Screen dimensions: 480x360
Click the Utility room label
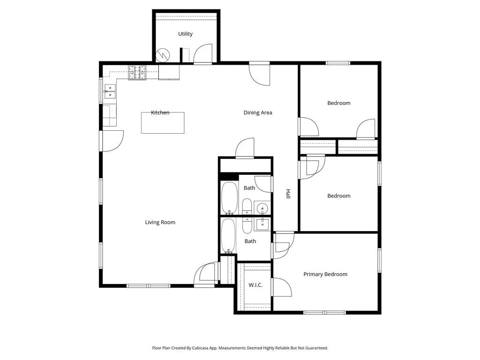click(x=185, y=34)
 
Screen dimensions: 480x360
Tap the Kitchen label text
click(x=160, y=112)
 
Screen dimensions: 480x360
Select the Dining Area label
click(x=258, y=112)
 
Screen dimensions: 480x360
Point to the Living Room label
click(x=160, y=222)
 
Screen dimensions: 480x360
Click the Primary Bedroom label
click(x=325, y=274)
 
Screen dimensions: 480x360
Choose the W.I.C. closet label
click(x=255, y=285)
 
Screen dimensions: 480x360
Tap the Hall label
click(x=288, y=194)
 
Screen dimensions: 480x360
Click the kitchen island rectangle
click(x=163, y=123)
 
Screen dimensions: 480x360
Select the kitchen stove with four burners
click(x=137, y=73)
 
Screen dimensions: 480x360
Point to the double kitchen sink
click(x=110, y=91)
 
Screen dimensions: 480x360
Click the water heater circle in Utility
click(x=163, y=55)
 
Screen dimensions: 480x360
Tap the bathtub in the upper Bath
click(x=229, y=198)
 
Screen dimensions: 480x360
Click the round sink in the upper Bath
click(x=262, y=209)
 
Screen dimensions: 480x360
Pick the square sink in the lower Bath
click(x=262, y=225)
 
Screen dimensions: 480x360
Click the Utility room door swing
click(x=203, y=54)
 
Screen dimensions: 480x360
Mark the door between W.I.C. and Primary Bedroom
click(x=282, y=287)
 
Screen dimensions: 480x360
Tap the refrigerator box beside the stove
click(x=169, y=72)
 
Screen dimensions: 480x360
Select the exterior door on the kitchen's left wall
click(x=112, y=141)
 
